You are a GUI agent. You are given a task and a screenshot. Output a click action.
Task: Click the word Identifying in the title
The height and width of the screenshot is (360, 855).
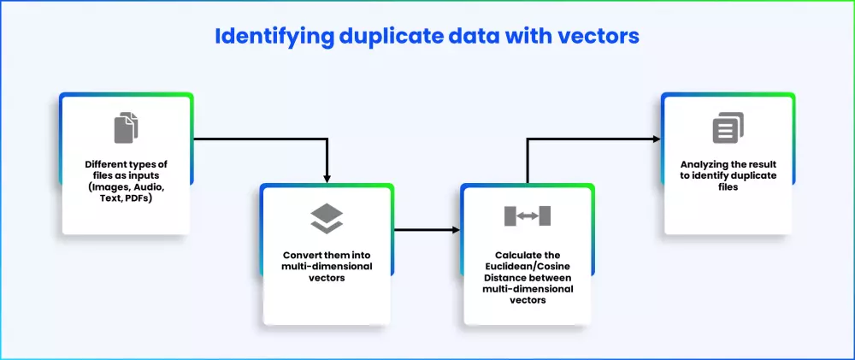273,37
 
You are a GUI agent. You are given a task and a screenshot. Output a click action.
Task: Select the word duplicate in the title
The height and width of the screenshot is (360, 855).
394,37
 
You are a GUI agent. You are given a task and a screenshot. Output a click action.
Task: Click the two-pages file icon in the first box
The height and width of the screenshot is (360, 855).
126,127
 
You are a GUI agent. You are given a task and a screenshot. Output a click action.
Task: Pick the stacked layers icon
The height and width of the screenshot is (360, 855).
327,219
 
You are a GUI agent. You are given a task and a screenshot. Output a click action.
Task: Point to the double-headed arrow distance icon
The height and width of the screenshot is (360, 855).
528,216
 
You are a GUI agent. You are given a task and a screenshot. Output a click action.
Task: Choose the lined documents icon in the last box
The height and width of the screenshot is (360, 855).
728,128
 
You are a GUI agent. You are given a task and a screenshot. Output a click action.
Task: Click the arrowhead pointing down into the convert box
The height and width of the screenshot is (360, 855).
327,179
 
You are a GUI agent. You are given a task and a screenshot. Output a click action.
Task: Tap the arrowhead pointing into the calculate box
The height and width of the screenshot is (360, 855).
456,230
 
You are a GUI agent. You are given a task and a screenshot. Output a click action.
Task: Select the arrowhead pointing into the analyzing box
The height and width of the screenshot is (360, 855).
656,139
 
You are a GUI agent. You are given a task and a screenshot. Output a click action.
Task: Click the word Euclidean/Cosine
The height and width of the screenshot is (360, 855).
528,267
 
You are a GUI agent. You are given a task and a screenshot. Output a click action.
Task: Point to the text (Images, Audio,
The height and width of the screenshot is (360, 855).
126,187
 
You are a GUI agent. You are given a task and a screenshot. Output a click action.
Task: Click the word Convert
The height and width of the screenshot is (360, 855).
302,256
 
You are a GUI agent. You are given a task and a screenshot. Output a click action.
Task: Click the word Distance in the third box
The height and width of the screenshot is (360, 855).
501,278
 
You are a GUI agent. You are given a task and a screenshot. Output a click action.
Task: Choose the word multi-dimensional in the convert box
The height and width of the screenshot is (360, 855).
327,267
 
